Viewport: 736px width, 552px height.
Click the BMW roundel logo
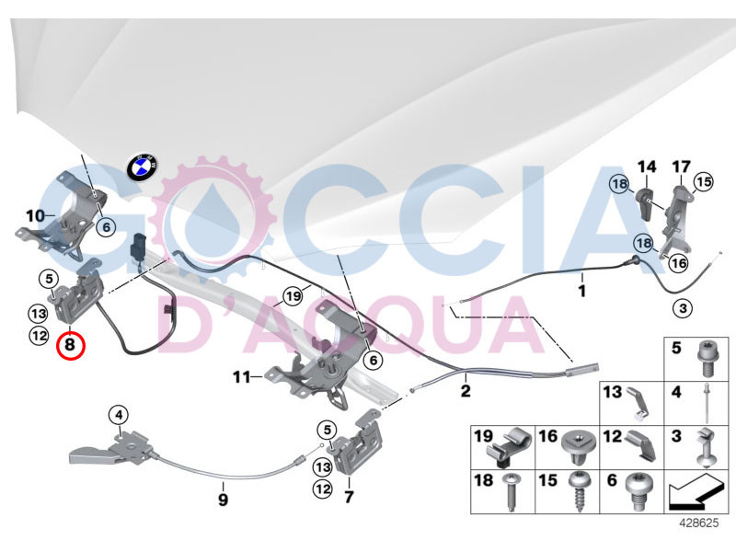click(141, 170)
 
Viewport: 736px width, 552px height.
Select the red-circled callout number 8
click(69, 346)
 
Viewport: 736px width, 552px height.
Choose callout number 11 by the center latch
click(241, 376)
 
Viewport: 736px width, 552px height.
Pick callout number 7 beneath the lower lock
click(348, 497)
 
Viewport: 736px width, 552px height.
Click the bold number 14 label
click(648, 167)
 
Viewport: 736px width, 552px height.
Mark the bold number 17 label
click(681, 167)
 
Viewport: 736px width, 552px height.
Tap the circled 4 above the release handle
click(119, 415)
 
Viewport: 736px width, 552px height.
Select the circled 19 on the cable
click(293, 296)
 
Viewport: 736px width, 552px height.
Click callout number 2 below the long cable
click(466, 391)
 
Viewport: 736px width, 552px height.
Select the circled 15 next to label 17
click(704, 181)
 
